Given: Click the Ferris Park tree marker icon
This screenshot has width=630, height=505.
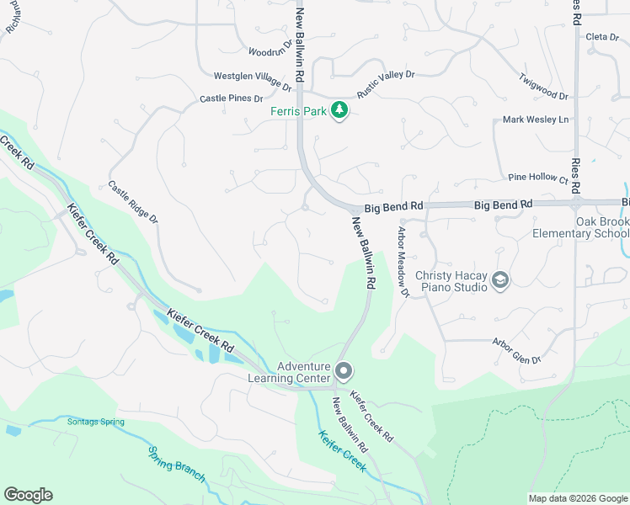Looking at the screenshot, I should [x=339, y=110].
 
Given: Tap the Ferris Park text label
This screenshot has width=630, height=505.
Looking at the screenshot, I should [x=297, y=111].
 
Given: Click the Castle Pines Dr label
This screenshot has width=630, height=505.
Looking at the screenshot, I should [x=232, y=98].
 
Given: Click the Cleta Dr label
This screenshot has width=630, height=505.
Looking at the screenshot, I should [x=602, y=36].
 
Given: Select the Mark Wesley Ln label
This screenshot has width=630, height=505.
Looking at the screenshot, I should [x=536, y=120].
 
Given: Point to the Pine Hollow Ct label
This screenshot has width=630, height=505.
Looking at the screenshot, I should [x=539, y=178].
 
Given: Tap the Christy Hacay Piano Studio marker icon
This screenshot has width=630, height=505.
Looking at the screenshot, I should [x=500, y=280].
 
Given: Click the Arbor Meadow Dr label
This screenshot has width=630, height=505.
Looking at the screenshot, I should [x=403, y=262].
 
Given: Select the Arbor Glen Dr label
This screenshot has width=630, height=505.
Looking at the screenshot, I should [x=516, y=351].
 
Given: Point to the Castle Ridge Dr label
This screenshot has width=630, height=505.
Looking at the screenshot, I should [x=133, y=202].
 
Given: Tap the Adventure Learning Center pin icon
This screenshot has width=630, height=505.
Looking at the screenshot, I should [x=344, y=370].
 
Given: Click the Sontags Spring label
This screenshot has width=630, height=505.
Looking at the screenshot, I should [x=96, y=421].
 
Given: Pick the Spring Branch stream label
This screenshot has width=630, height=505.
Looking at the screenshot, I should [x=176, y=464].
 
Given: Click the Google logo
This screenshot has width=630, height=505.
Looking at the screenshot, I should [x=28, y=495].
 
